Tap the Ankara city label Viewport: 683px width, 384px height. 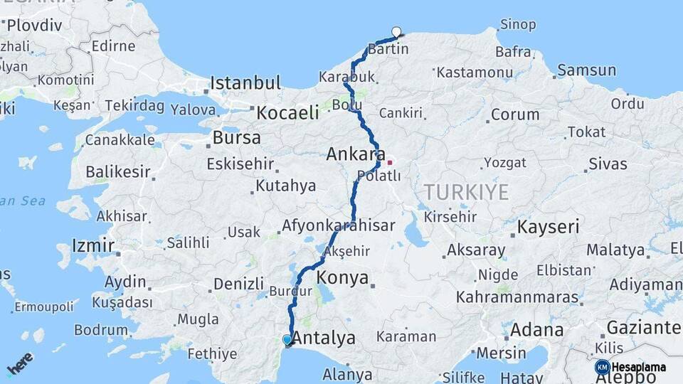pos(356,154)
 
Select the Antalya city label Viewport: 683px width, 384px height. pos(324,338)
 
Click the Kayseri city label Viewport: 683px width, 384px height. pos(548,228)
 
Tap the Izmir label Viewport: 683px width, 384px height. pos(92,246)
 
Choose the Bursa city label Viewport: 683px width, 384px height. pos(237,137)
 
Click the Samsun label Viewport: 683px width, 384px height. pos(587,70)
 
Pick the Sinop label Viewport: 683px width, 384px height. pos(518,24)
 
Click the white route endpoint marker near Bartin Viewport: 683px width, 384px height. pos(396,31)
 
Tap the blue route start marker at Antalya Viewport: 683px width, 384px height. pos(287,340)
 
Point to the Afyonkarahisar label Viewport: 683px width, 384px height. pos(339,225)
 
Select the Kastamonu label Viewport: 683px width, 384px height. pos(475,73)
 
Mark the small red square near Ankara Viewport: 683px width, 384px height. pos(389,162)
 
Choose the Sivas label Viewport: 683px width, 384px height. pos(608,164)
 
